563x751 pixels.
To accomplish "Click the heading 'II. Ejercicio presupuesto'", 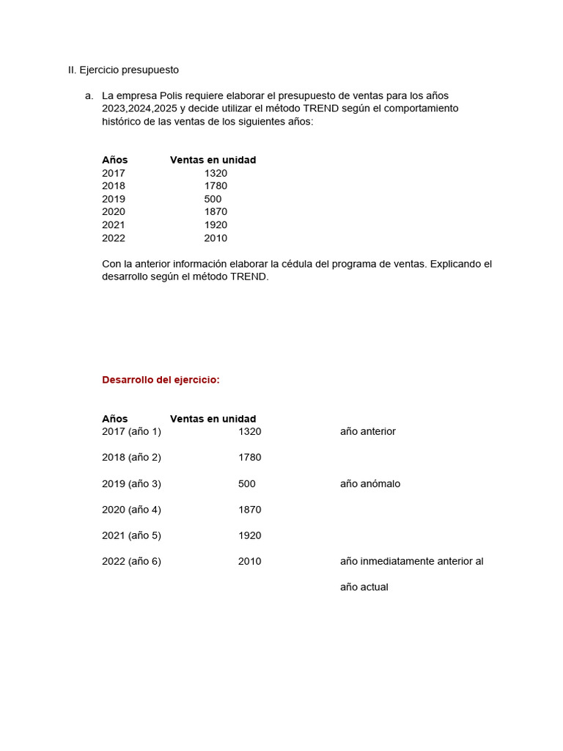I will (123, 70).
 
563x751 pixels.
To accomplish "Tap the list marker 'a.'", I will (89, 96).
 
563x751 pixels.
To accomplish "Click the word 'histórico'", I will (122, 122).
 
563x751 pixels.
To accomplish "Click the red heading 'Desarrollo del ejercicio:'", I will (161, 380).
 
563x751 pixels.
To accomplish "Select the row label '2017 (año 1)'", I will (131, 432).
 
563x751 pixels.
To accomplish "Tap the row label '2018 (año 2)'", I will (131, 458).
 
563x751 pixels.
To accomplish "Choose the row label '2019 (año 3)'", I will (131, 484).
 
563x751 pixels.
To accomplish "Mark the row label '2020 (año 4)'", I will (131, 510).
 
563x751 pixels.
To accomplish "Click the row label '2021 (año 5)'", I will (131, 535).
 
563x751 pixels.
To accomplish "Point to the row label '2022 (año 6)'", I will (131, 562).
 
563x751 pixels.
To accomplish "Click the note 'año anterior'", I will (367, 432).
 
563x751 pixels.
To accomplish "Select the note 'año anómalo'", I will (369, 484).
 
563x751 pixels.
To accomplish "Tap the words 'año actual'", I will (364, 587).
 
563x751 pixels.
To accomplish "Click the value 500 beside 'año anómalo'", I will (246, 484).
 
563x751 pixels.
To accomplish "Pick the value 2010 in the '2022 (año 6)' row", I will (249, 562).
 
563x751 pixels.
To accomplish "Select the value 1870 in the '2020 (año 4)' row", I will (249, 510).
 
